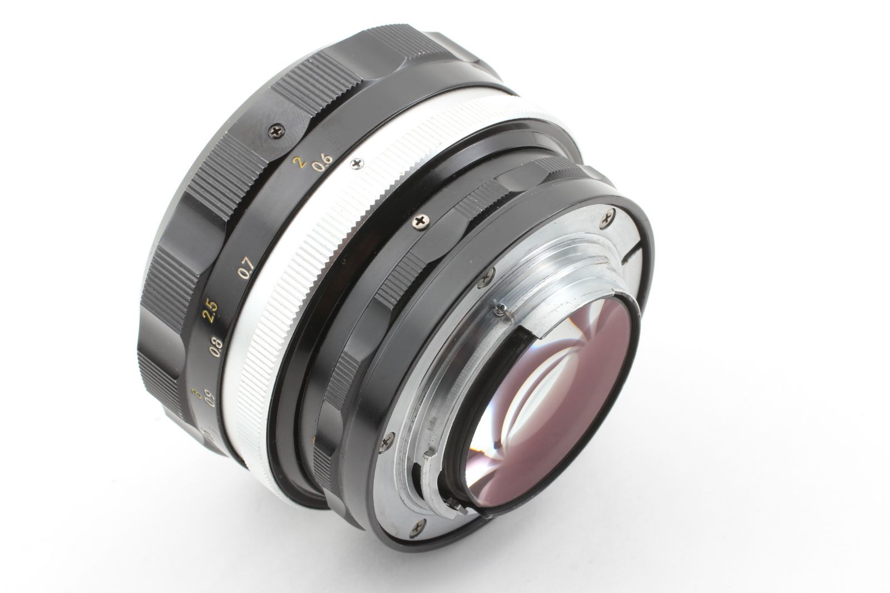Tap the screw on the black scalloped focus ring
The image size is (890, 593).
click(276, 131)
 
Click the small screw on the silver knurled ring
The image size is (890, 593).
click(356, 163)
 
